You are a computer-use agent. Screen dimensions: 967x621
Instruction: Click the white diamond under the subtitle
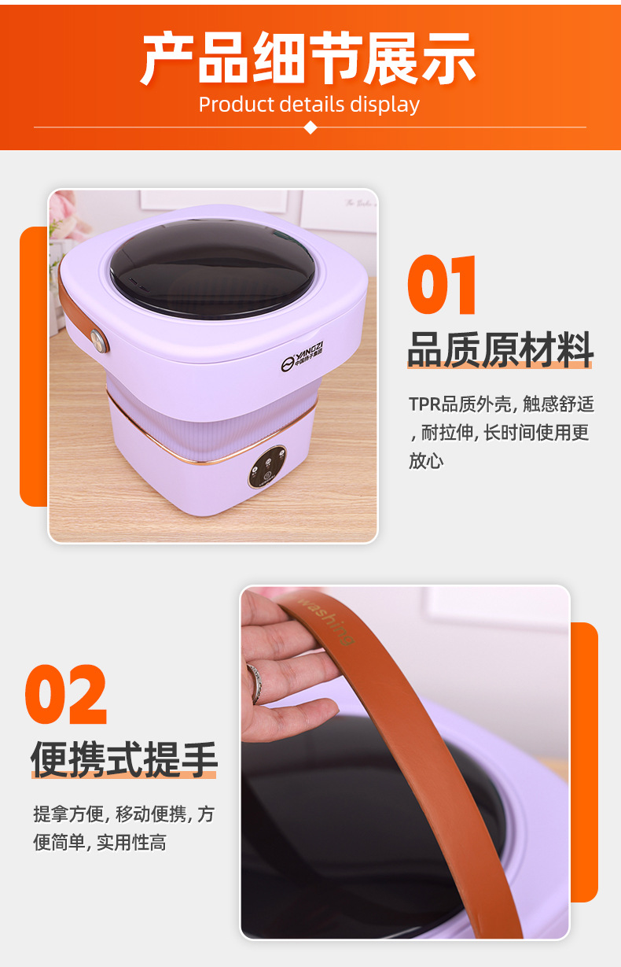pyautogui.click(x=310, y=127)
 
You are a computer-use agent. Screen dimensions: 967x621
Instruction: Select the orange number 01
pyautogui.click(x=443, y=286)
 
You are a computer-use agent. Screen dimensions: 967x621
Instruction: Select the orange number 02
pyautogui.click(x=66, y=695)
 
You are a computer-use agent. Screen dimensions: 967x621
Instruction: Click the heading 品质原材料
pyautogui.click(x=500, y=349)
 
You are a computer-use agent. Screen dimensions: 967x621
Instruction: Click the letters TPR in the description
pyautogui.click(x=424, y=404)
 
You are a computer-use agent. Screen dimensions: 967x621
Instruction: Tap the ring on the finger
pyautogui.click(x=254, y=681)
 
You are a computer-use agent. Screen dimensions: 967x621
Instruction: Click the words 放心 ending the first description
pyautogui.click(x=425, y=461)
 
